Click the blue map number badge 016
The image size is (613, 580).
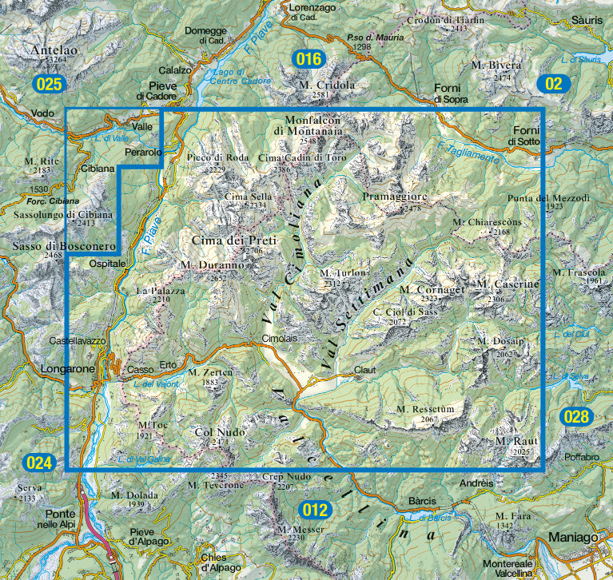pyautogui.click(x=308, y=58)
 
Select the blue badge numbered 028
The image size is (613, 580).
pyautogui.click(x=575, y=416)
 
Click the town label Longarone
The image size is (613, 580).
pyautogui.click(x=67, y=369)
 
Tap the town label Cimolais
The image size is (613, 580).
pyautogui.click(x=279, y=339)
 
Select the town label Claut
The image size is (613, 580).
pyautogui.click(x=364, y=370)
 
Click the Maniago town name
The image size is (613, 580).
pyautogui.click(x=572, y=538)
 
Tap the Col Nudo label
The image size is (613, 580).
pyautogui.click(x=220, y=432)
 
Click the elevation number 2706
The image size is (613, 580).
pyautogui.click(x=253, y=251)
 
